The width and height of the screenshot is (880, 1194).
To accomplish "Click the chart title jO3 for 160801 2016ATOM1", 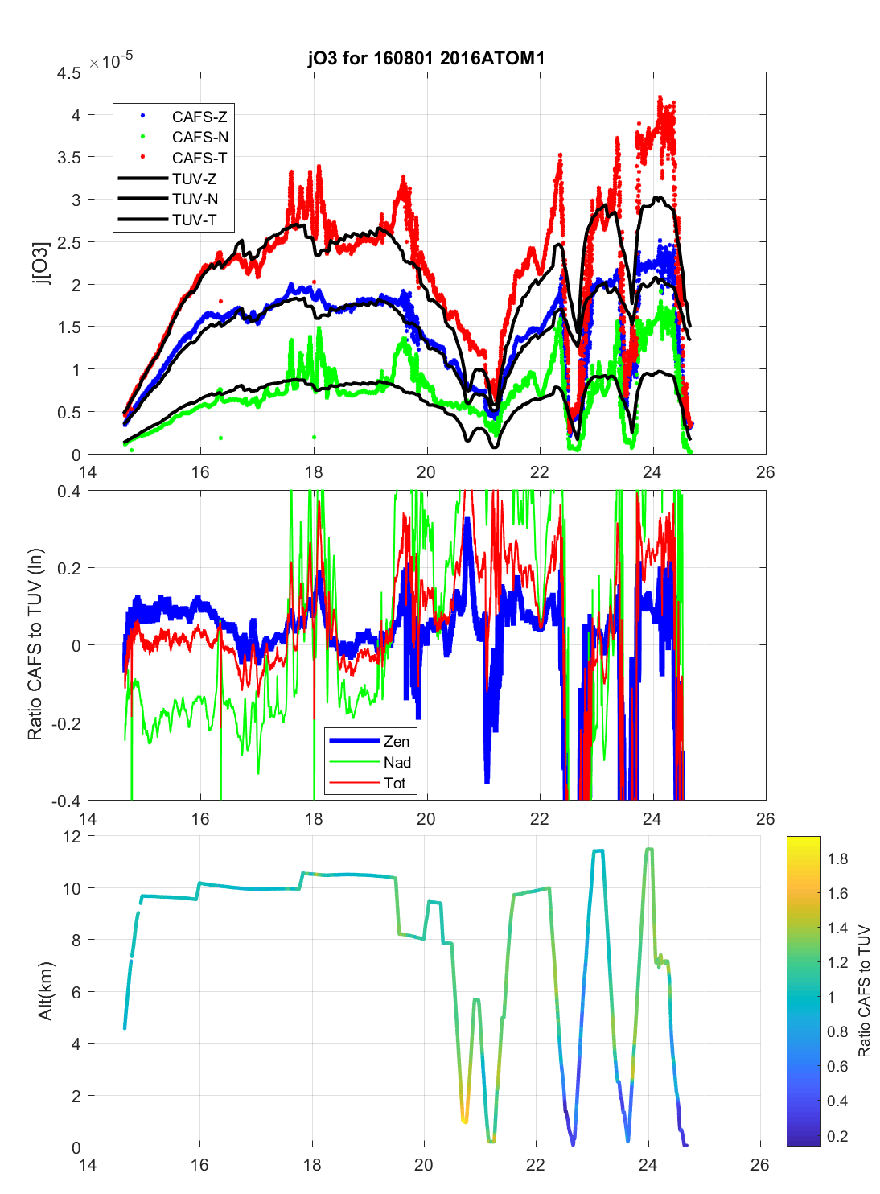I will tap(426, 58).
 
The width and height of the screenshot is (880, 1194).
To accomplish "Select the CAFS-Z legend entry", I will tap(199, 117).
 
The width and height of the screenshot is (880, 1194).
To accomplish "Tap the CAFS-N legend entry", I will tap(199, 138).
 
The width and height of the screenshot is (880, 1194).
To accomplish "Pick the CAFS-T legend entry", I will tap(199, 159).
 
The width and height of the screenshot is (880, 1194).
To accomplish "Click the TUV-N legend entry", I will tap(195, 200).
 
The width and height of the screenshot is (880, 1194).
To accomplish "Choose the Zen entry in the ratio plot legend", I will tap(396, 741).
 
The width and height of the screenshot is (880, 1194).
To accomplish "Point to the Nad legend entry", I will tap(397, 762).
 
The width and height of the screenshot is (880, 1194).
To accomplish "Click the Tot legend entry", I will tap(394, 783).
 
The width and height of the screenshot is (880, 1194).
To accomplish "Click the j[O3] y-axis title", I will tap(40, 263).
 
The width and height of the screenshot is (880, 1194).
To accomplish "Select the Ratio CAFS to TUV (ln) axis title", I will tap(35, 644).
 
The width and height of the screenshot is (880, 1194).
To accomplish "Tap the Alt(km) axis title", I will tap(46, 991).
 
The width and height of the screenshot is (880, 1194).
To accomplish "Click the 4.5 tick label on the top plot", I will tap(69, 73).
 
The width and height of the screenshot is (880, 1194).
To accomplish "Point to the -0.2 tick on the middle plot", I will tap(66, 723).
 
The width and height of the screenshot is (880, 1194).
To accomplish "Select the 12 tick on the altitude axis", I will tap(72, 837).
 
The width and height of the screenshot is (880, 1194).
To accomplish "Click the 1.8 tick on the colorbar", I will tap(837, 858).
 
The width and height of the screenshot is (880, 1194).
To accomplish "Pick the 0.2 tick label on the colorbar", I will tap(837, 1136).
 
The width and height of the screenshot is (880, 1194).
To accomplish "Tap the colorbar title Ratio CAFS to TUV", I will tap(864, 990).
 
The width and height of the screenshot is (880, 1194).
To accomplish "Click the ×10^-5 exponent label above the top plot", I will tap(111, 61).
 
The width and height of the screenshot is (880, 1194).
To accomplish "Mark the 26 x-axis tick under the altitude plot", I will tap(759, 1165).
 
